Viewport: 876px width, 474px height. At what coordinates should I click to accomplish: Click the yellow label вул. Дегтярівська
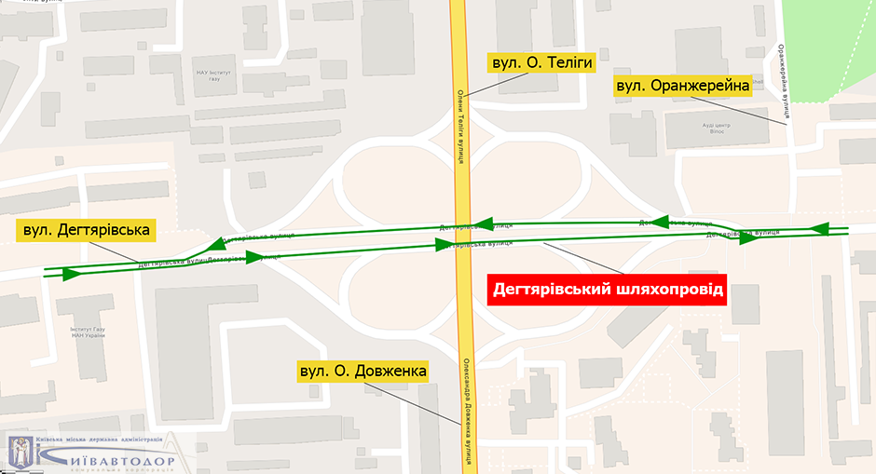tap(87, 229)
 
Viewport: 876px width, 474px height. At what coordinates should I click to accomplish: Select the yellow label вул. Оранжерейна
tap(683, 87)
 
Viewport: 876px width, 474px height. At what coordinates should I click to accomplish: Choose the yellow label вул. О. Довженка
tap(363, 372)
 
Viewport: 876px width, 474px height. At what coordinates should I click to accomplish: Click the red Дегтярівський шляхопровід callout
tap(608, 290)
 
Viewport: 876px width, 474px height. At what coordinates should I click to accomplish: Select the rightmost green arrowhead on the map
tap(821, 228)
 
